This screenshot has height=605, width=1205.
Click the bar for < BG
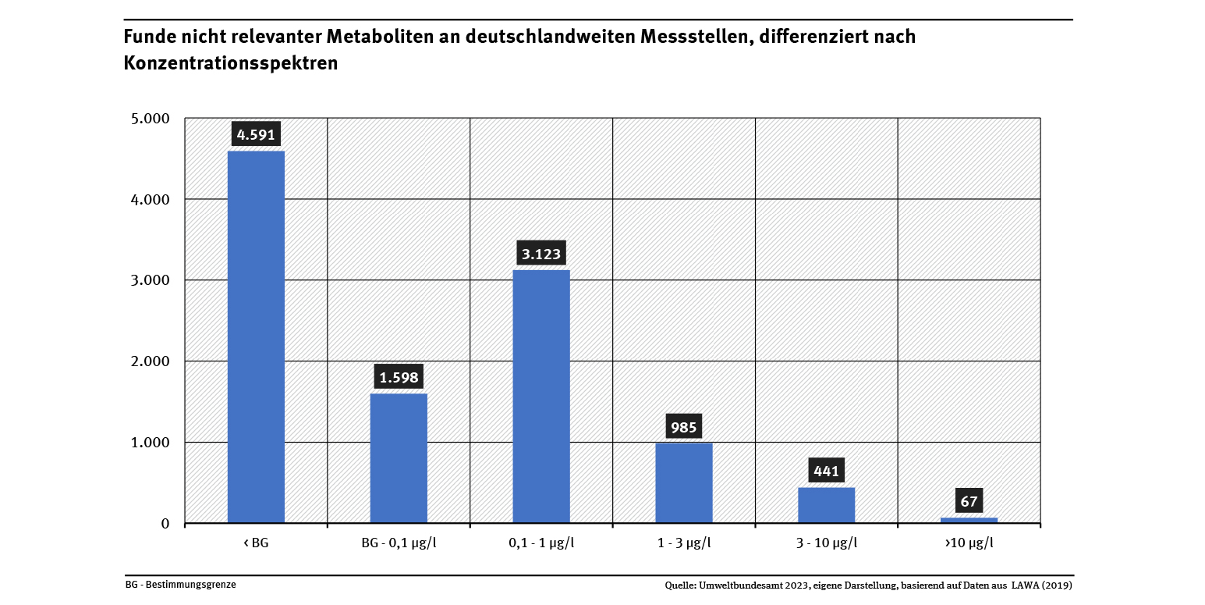256,336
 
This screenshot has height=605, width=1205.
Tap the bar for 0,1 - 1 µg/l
541,396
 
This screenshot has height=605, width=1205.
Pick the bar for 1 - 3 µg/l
684,482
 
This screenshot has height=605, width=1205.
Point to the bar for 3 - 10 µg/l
827,504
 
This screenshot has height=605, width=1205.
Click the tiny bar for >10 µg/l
969,520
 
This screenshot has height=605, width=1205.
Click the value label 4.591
256,134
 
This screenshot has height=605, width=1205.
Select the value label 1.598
399,378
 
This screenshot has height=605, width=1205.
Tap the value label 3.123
541,254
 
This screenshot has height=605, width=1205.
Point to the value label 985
684,427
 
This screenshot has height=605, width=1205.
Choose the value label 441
827,471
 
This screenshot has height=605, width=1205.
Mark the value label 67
969,501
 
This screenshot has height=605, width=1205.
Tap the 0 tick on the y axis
165,523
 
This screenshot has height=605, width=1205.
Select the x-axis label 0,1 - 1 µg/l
541,543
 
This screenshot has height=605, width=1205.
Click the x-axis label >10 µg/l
969,543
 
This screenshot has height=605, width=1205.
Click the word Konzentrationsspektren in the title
231,63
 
